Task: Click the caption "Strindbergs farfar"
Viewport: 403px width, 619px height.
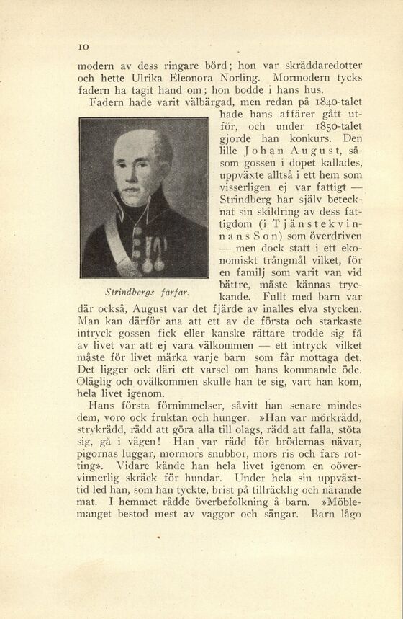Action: (x=137, y=292)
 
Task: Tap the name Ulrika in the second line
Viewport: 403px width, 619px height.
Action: (x=150, y=77)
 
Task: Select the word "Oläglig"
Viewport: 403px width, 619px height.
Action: (x=96, y=382)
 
